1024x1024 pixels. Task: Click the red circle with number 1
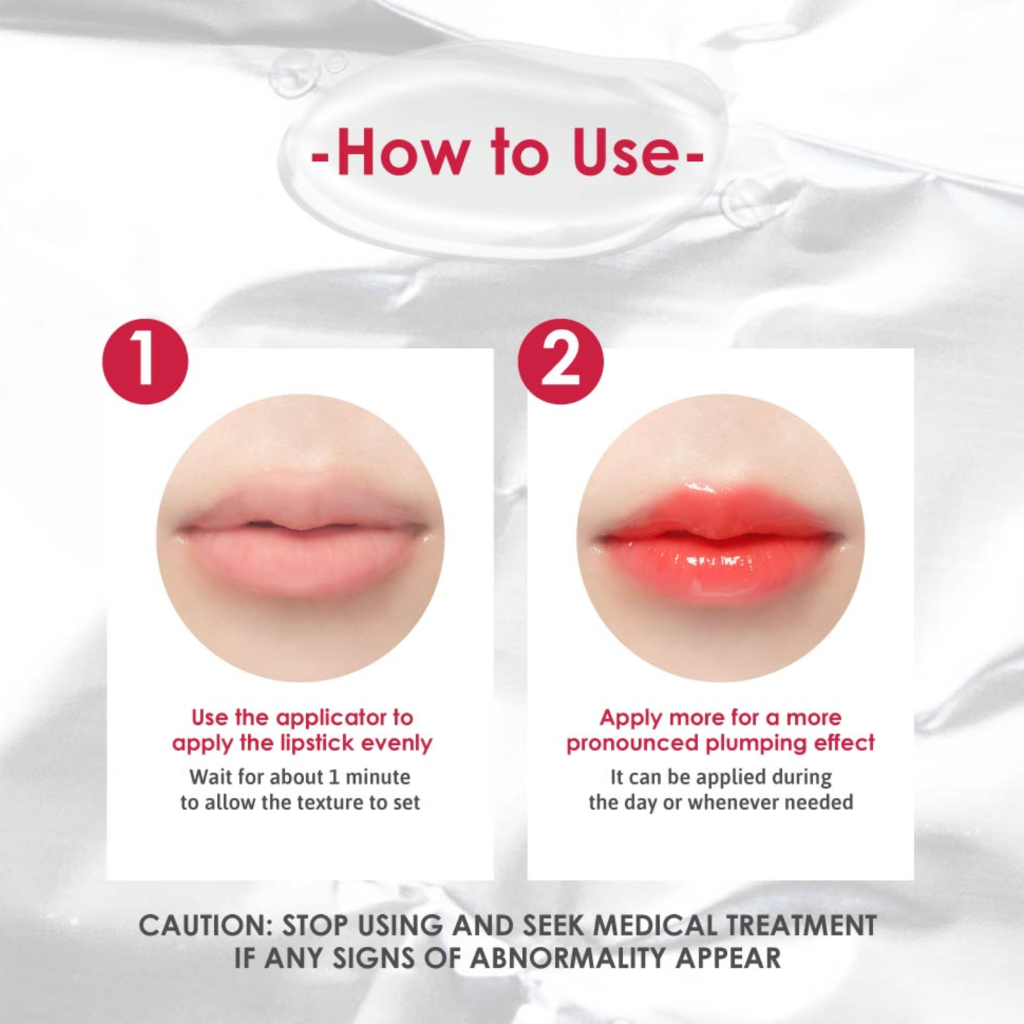click(x=145, y=361)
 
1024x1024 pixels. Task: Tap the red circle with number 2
click(x=561, y=361)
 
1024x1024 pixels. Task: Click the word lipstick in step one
click(x=317, y=743)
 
